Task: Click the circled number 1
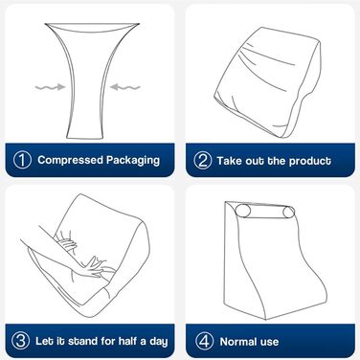22,160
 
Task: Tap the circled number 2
203,160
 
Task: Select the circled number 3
21,341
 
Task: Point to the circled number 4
204,342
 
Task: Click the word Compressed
70,160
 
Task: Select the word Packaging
133,160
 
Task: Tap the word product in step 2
310,161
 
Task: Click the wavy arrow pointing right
50,87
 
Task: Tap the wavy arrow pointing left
125,87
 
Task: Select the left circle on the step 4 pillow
243,212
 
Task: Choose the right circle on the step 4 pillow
289,213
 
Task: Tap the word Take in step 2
229,161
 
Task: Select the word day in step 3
159,342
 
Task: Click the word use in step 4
270,343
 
